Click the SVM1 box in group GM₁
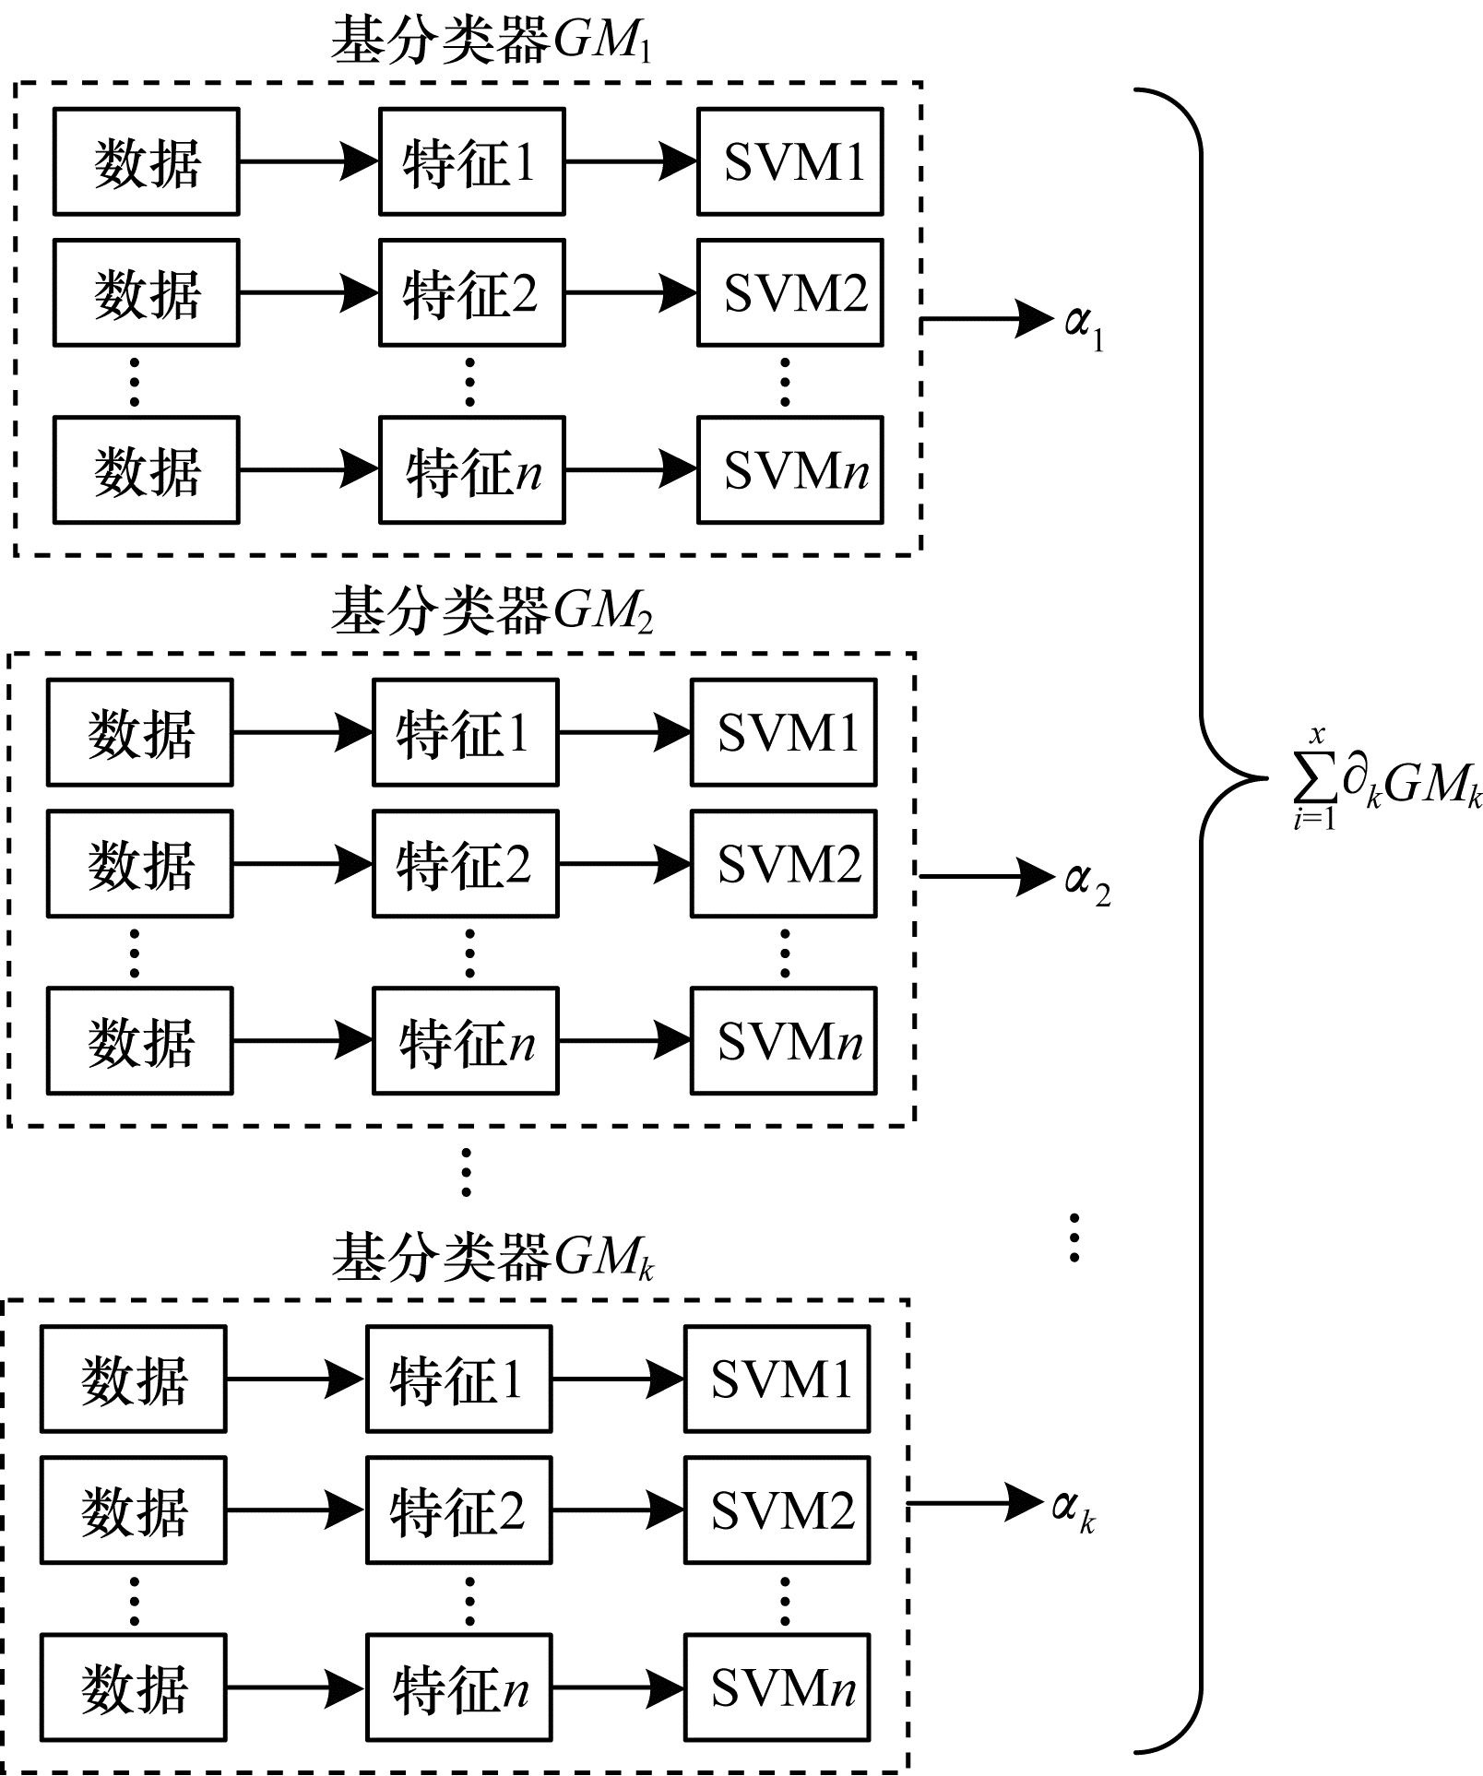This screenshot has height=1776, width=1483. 790,161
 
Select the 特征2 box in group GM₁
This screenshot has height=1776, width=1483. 471,292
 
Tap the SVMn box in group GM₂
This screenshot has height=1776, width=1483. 784,1041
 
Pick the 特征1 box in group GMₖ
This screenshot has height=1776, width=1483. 458,1379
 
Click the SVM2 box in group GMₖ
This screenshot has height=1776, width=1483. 777,1510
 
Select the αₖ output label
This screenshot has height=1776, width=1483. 1074,1510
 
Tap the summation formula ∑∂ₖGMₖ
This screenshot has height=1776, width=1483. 1386,782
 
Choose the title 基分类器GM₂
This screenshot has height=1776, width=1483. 492,610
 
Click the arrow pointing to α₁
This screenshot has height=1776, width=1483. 987,320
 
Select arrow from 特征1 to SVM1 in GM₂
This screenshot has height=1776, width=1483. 624,733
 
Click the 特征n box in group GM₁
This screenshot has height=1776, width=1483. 471,470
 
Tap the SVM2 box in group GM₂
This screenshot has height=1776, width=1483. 784,864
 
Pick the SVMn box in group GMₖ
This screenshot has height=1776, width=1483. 777,1688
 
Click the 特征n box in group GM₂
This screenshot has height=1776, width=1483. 465,1041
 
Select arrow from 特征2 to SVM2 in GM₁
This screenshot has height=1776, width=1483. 631,292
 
